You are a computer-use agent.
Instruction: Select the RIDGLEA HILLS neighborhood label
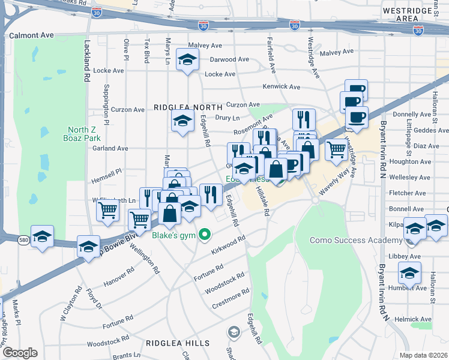tap(178, 343)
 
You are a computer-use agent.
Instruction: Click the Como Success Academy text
tap(355, 240)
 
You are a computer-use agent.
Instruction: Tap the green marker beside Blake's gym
tap(204, 234)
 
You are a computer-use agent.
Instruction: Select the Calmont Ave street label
tap(31, 35)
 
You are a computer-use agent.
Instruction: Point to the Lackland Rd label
tap(87, 61)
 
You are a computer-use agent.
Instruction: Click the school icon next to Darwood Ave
tap(187, 60)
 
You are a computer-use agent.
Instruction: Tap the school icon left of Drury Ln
tap(183, 121)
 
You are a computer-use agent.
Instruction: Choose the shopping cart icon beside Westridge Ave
tap(337, 149)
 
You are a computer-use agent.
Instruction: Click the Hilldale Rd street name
tap(263, 201)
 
